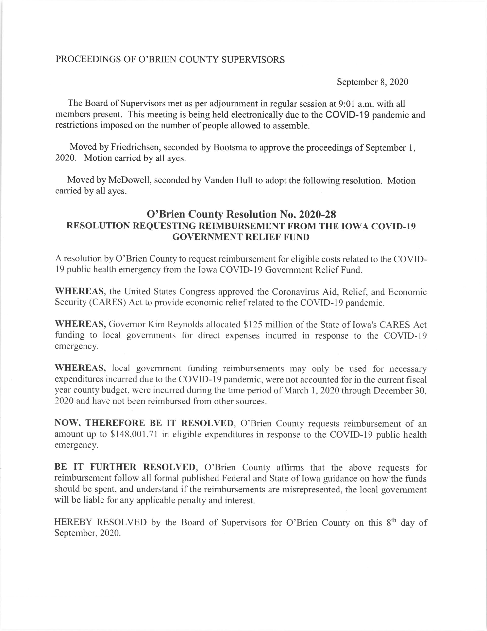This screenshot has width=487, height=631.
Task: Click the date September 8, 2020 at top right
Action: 373,82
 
